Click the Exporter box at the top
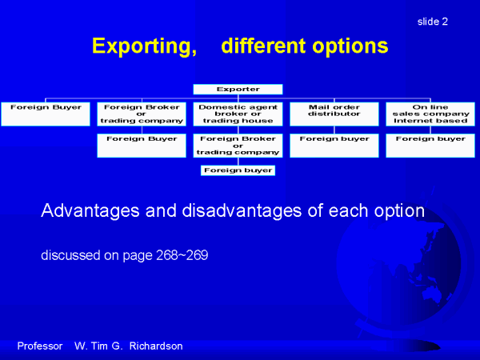pos(238,89)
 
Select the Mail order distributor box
pos(334,114)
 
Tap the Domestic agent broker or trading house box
pos(238,114)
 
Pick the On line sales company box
pos(430,114)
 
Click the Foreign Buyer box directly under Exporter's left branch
pos(46,114)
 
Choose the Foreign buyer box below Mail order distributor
pos(334,146)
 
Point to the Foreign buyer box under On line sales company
pos(430,146)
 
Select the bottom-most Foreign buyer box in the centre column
pos(238,170)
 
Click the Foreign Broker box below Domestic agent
pos(238,146)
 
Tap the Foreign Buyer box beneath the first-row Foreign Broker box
pos(142,146)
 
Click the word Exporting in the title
pos(144,46)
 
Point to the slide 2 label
pos(433,22)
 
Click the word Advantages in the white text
pos(90,211)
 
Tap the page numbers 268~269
pos(182,255)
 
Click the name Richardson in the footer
pos(156,346)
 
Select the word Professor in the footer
pos(40,346)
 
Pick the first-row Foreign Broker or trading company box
pos(142,114)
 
